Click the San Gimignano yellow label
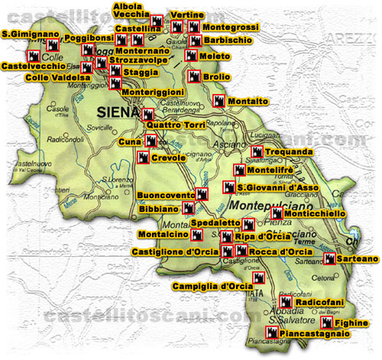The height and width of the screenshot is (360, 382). (30, 34)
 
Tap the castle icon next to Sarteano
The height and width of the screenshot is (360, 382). (330, 259)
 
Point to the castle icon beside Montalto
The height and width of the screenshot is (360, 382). (220, 101)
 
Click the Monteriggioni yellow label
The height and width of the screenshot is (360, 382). (157, 91)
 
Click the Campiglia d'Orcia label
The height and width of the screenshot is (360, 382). (212, 286)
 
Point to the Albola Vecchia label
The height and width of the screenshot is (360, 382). (127, 10)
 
